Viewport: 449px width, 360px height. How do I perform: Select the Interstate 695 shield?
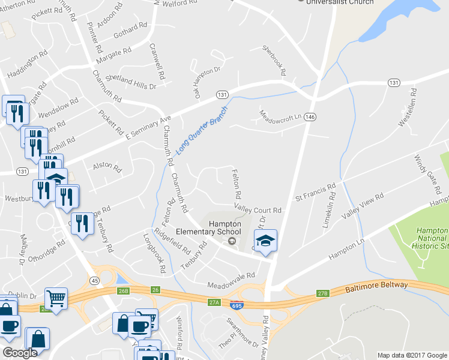click(237, 305)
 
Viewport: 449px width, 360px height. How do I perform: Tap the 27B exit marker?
click(323, 293)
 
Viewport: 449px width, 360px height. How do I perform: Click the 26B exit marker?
click(123, 291)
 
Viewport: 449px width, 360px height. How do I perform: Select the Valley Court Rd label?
click(258, 210)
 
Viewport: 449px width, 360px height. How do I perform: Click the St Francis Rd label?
click(314, 193)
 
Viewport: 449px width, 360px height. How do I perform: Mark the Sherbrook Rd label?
click(274, 60)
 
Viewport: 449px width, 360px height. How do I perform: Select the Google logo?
click(20, 353)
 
